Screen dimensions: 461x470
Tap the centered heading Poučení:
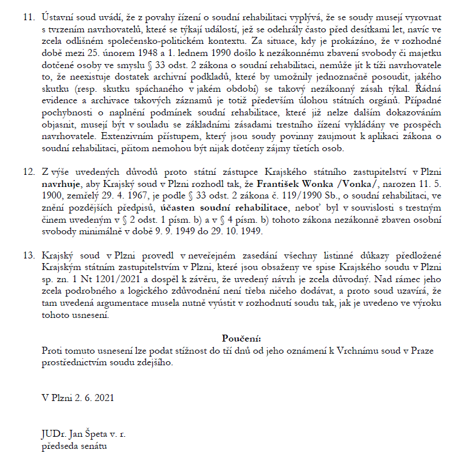[x=241, y=338]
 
